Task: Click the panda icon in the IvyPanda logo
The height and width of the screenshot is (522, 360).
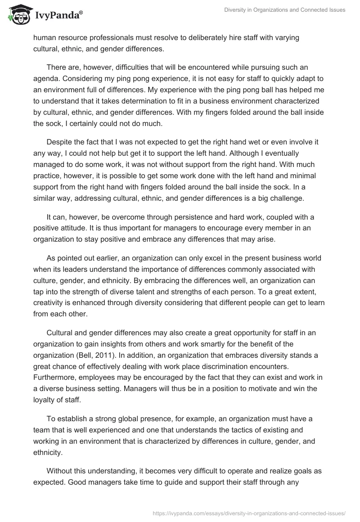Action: coord(18,14)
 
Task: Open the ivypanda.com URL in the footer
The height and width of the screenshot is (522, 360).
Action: coord(249,513)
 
